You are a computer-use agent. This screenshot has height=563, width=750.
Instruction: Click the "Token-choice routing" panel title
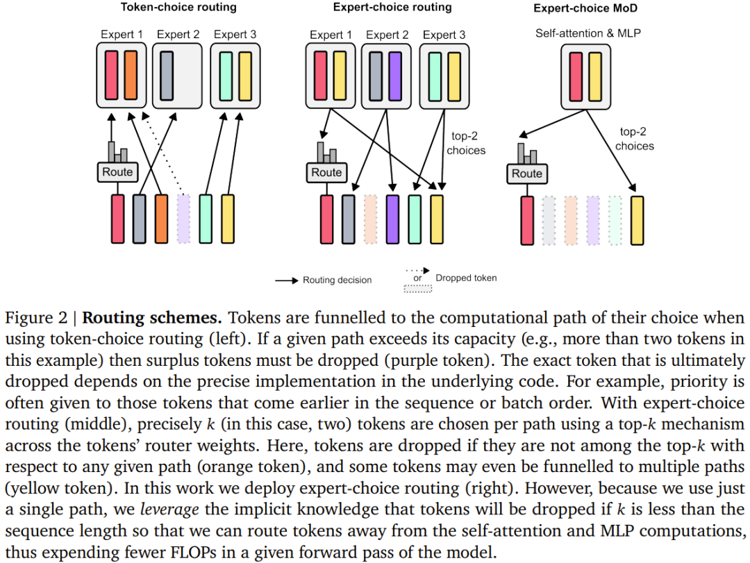178,8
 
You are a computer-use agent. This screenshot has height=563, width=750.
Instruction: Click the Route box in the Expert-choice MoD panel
526,173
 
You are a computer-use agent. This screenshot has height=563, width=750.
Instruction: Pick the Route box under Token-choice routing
117,171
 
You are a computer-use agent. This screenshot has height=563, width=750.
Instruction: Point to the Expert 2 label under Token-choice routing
178,34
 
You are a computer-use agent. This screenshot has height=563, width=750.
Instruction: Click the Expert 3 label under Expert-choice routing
444,35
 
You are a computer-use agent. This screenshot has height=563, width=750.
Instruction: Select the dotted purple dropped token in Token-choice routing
183,219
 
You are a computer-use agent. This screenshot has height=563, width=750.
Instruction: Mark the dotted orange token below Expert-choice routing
370,219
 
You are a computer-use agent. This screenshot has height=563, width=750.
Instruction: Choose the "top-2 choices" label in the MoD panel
634,139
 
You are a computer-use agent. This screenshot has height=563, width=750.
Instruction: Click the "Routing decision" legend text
337,280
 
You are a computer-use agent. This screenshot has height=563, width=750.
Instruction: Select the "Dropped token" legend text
466,278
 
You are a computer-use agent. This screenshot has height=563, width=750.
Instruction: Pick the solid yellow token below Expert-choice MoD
637,220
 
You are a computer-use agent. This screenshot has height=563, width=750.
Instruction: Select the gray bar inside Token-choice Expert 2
167,74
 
